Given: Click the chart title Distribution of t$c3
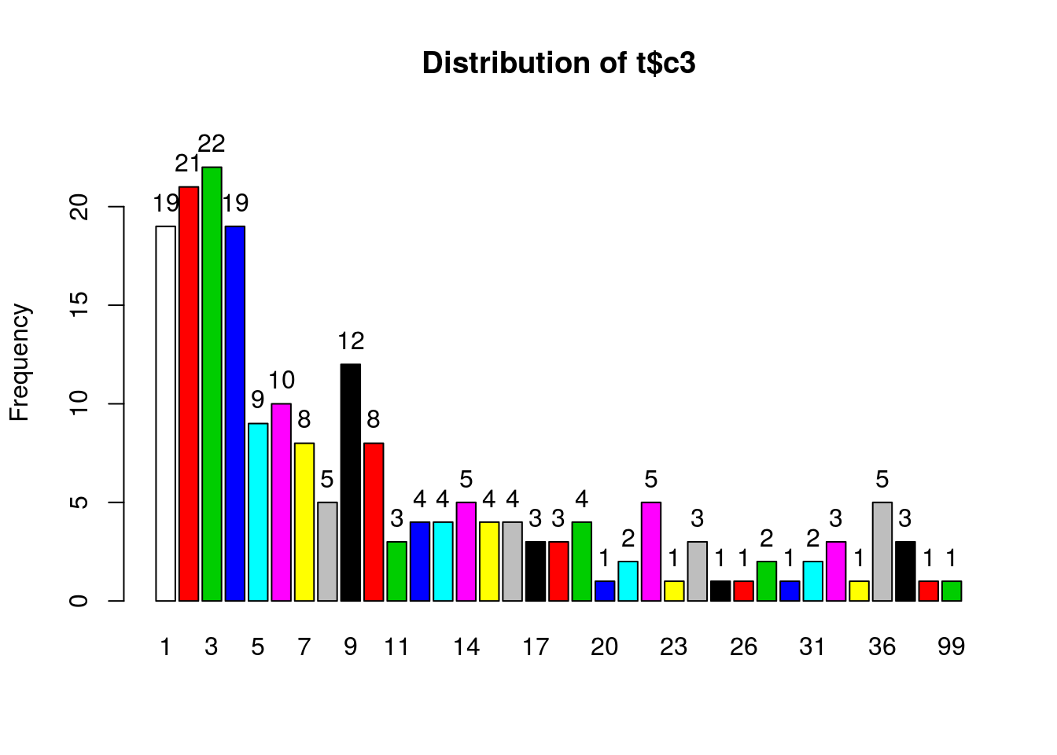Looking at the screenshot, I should point(558,63).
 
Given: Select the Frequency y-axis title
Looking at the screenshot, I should point(19,363).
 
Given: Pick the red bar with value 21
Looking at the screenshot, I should point(189,393).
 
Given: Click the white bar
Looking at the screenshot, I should point(165,413).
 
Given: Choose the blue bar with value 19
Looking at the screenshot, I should point(235,413).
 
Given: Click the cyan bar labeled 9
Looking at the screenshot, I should point(258,512).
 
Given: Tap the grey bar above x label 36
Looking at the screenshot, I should point(882,551).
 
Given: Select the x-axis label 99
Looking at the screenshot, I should point(952,647).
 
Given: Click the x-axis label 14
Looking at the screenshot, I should point(466,647).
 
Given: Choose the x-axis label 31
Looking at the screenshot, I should point(812,647).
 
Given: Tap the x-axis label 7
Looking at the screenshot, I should point(304,647).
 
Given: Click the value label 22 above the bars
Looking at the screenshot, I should point(212,144).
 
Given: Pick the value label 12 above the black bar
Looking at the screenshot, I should point(351,341).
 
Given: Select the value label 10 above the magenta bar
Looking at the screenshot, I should point(282,381).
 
